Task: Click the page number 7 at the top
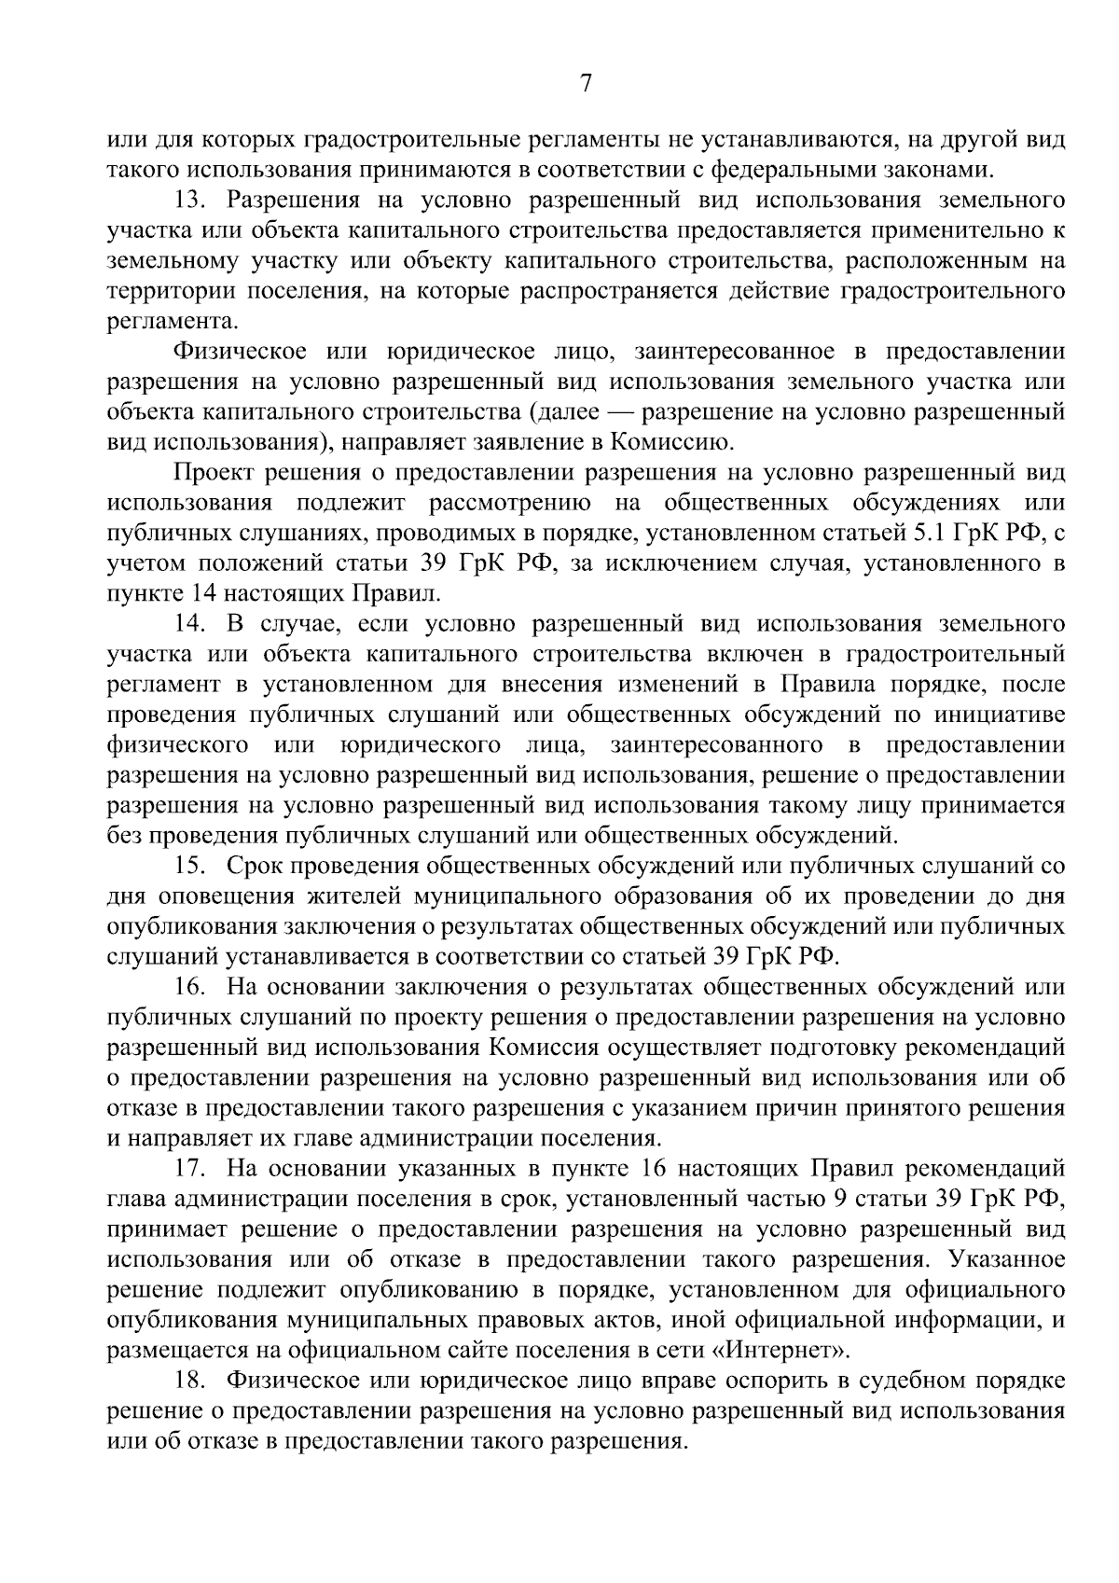(x=586, y=84)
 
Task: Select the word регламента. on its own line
(x=173, y=322)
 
